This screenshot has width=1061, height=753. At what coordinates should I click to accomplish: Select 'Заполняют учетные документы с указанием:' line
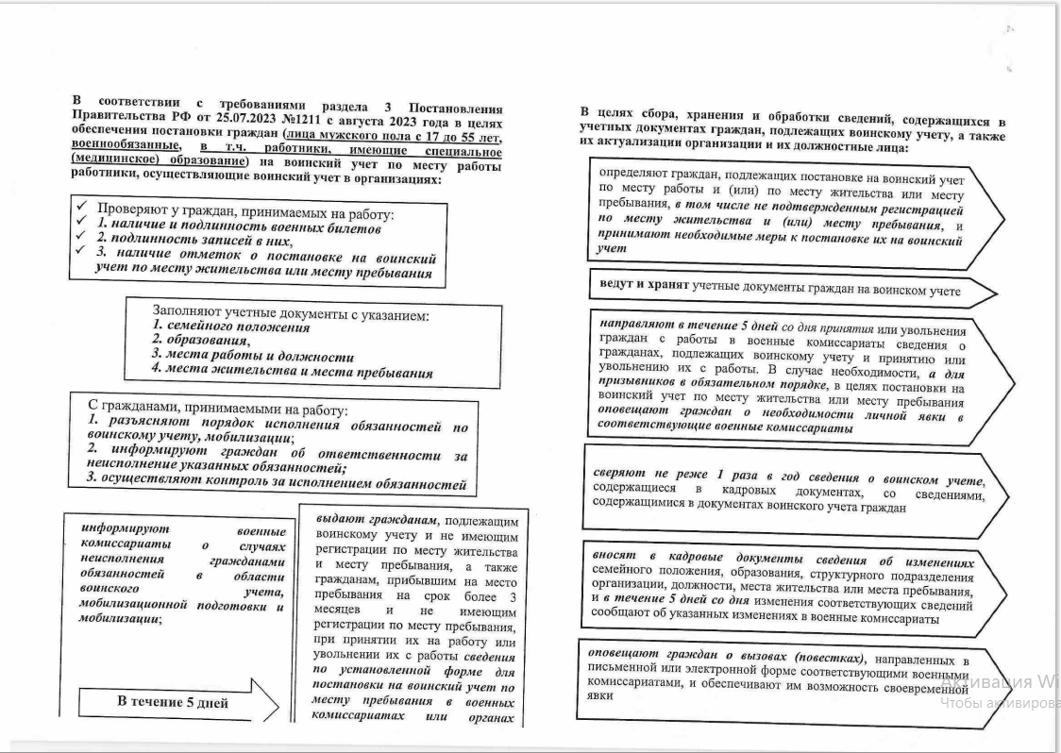pos(291,312)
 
